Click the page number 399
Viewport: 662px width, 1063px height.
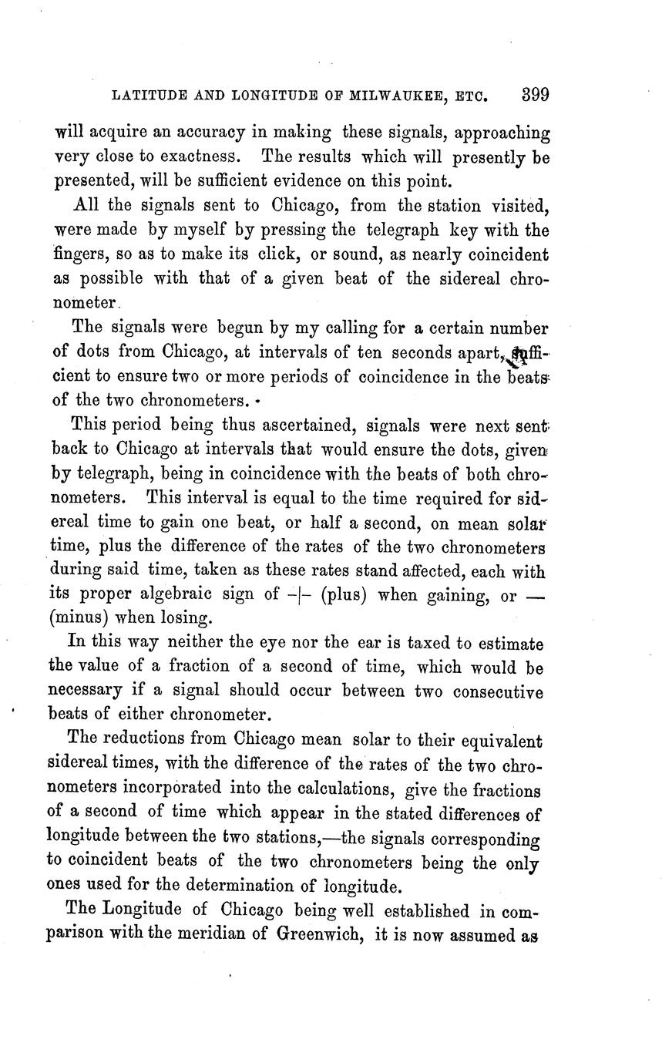535,96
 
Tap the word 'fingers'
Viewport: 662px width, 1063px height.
82,255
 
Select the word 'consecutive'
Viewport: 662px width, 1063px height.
498,691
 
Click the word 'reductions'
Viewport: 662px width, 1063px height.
144,739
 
